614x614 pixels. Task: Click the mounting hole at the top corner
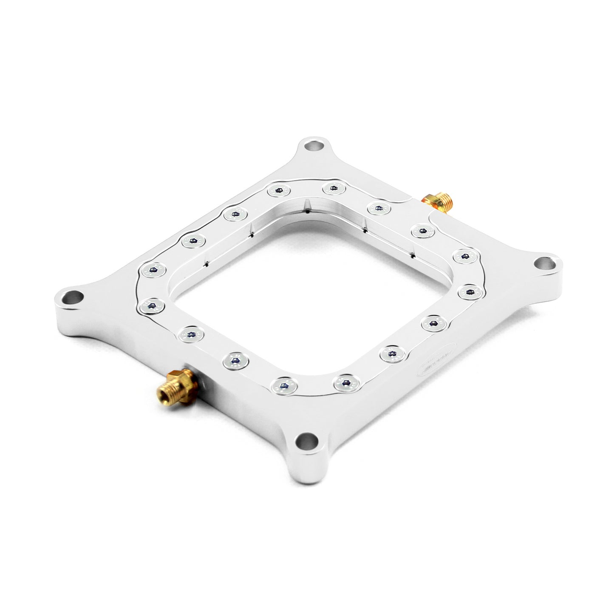315,147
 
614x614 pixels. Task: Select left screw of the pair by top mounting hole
279,191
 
